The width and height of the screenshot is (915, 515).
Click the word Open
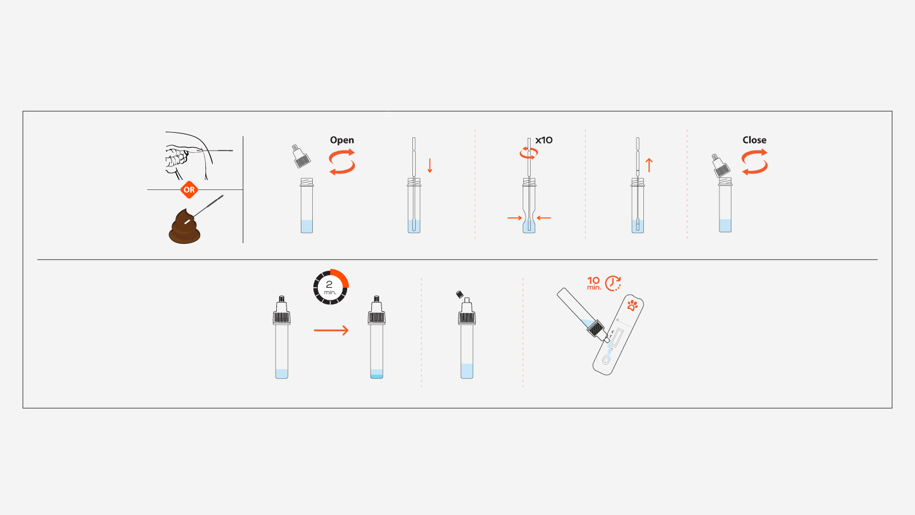pos(342,140)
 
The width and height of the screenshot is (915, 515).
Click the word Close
pos(754,140)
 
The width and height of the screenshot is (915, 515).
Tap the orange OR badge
pos(189,190)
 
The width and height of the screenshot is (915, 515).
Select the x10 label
pos(544,140)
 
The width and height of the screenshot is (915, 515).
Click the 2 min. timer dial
pos(331,287)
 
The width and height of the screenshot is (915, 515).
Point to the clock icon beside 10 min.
pos(612,283)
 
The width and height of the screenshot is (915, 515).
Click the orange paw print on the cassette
pos(632,305)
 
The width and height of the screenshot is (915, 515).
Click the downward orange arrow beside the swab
pos(430,165)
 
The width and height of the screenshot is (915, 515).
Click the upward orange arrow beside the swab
pos(649,165)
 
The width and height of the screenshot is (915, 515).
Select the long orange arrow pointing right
pos(331,330)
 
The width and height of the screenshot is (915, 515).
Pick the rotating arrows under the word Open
pos(342,162)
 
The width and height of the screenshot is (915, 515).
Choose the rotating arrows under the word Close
pos(754,162)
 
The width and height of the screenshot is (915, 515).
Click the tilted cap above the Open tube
pos(301,156)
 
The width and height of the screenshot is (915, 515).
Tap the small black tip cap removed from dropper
pos(459,295)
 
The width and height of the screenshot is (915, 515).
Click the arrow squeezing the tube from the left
pos(515,218)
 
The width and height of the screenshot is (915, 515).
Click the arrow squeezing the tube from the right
pos(544,218)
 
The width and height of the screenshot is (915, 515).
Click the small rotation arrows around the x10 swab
pos(528,153)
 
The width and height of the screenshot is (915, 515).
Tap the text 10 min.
pos(594,283)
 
